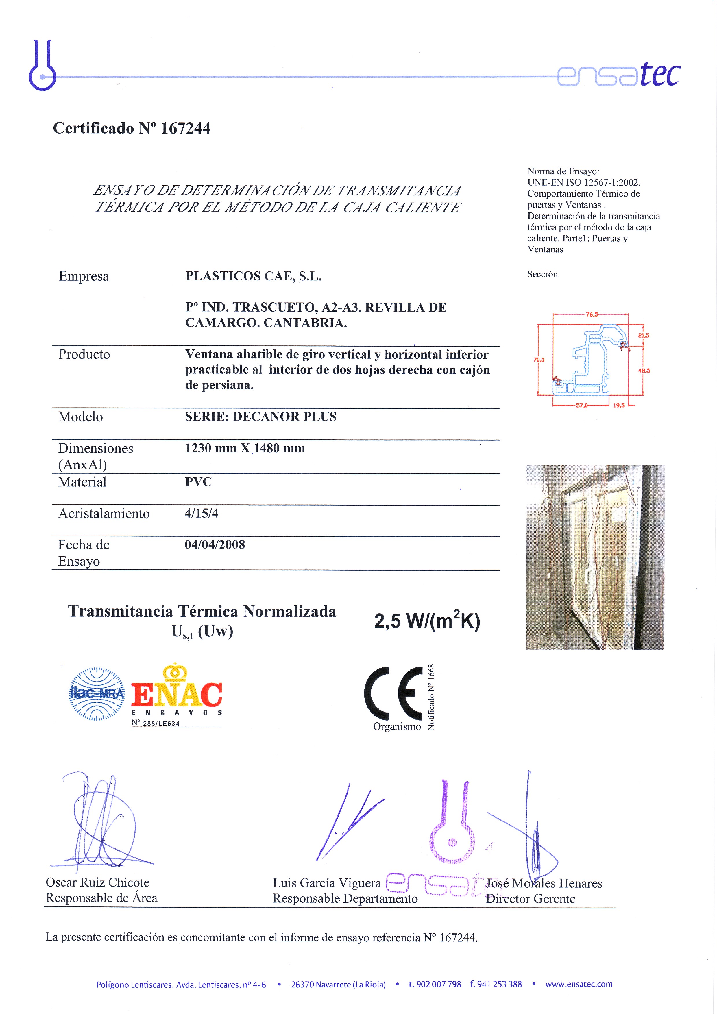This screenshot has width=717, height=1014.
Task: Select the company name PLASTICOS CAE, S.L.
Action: click(x=253, y=276)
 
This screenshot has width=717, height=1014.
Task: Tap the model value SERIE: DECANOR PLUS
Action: click(x=261, y=417)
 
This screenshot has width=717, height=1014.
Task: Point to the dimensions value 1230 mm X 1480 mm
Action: click(x=245, y=448)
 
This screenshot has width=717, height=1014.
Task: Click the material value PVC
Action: click(x=198, y=482)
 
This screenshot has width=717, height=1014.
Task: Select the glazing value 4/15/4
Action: click(x=202, y=513)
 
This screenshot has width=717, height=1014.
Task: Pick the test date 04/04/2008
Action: click(x=215, y=545)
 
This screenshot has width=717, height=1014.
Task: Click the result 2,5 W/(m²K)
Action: click(x=427, y=621)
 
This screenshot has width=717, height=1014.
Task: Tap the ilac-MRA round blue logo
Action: click(x=97, y=694)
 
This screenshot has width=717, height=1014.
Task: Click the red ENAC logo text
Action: click(x=177, y=695)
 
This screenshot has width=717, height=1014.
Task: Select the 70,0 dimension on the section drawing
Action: click(x=539, y=360)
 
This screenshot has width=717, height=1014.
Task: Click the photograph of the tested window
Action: click(x=595, y=557)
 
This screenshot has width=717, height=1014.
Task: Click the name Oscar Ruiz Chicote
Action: click(x=98, y=882)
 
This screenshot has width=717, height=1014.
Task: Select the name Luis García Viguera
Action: click(x=326, y=883)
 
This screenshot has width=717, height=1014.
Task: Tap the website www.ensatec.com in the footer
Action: click(x=579, y=984)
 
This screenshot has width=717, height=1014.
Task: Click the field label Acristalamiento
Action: click(x=104, y=514)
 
